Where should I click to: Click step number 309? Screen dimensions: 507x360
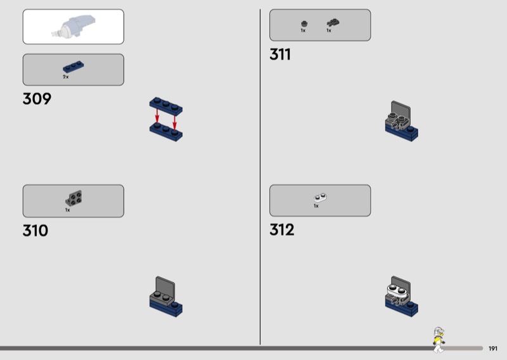coord(37,99)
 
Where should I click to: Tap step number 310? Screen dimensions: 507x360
coord(35,231)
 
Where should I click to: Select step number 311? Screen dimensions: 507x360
coord(280,55)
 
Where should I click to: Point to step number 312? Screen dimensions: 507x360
coord(282,229)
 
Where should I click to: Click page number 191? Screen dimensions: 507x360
coord(493,349)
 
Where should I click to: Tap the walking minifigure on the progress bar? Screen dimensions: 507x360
coord(439,339)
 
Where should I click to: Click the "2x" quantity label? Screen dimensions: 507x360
coord(66,77)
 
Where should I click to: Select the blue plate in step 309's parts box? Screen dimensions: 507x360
coord(74,67)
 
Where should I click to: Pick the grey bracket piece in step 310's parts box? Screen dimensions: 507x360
coord(74,198)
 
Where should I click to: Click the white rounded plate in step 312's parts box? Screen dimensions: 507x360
coord(320,197)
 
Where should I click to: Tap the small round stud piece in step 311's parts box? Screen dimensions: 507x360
coord(304,23)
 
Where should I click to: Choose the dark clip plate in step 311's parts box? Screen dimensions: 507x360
coord(333,23)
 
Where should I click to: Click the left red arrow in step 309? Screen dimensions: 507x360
coord(157,115)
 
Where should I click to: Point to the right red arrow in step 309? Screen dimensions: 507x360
coord(175,123)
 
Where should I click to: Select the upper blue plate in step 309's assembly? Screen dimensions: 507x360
coord(166,106)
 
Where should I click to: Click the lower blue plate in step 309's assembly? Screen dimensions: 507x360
coord(166,132)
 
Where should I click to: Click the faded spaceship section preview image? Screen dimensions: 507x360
coord(74,26)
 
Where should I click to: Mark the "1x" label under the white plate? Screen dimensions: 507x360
coord(316,206)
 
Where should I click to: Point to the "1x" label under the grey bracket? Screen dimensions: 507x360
coord(68,210)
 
